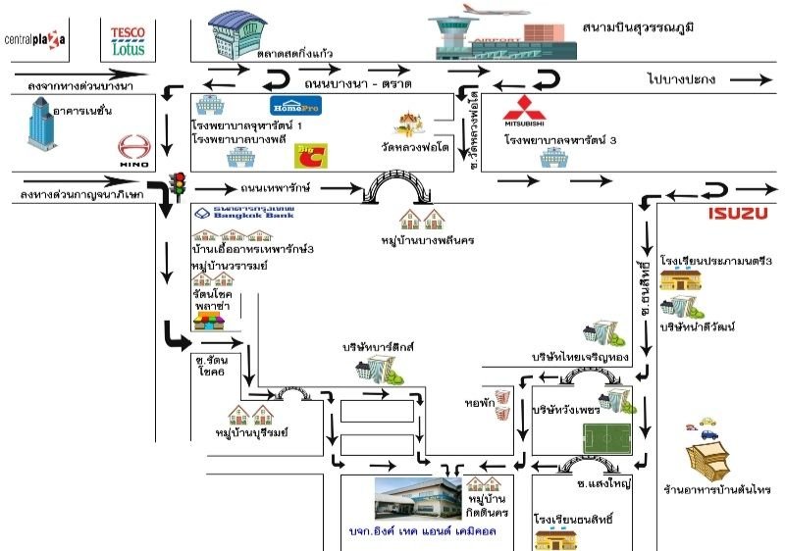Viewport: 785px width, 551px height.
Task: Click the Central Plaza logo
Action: (35, 39)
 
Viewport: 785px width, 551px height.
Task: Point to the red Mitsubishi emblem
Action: (522, 110)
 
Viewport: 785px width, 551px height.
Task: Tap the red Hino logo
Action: (132, 149)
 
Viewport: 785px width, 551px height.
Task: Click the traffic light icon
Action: (179, 184)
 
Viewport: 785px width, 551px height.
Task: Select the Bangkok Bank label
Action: (243, 213)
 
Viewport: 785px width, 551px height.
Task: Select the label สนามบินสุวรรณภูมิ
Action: (638, 25)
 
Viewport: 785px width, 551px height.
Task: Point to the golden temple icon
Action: (410, 125)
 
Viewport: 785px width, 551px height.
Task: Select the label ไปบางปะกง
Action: (681, 77)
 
